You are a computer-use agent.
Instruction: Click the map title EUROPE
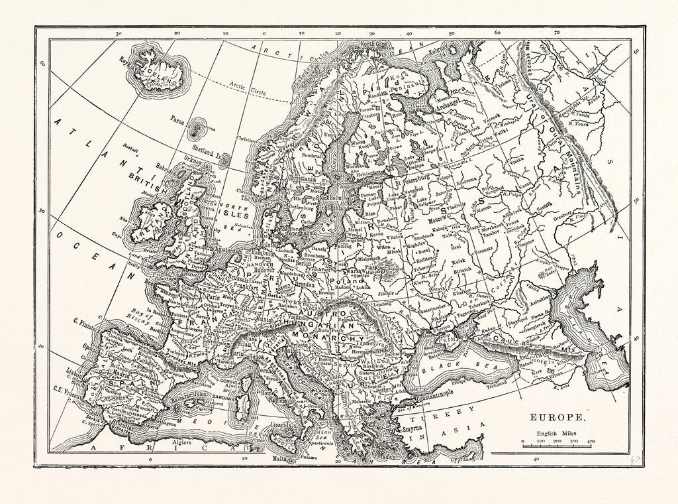pyautogui.click(x=556, y=419)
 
